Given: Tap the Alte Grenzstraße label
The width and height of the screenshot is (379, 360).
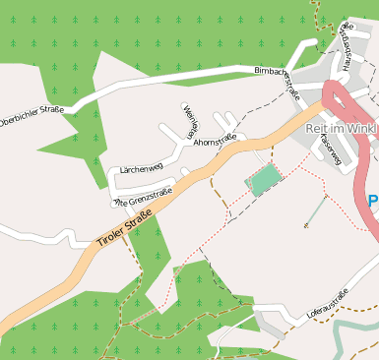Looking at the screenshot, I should [x=142, y=197].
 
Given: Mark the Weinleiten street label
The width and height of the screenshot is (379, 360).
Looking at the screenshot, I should [x=191, y=121].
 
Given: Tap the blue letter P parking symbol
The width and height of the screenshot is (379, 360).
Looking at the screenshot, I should [x=373, y=202].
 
